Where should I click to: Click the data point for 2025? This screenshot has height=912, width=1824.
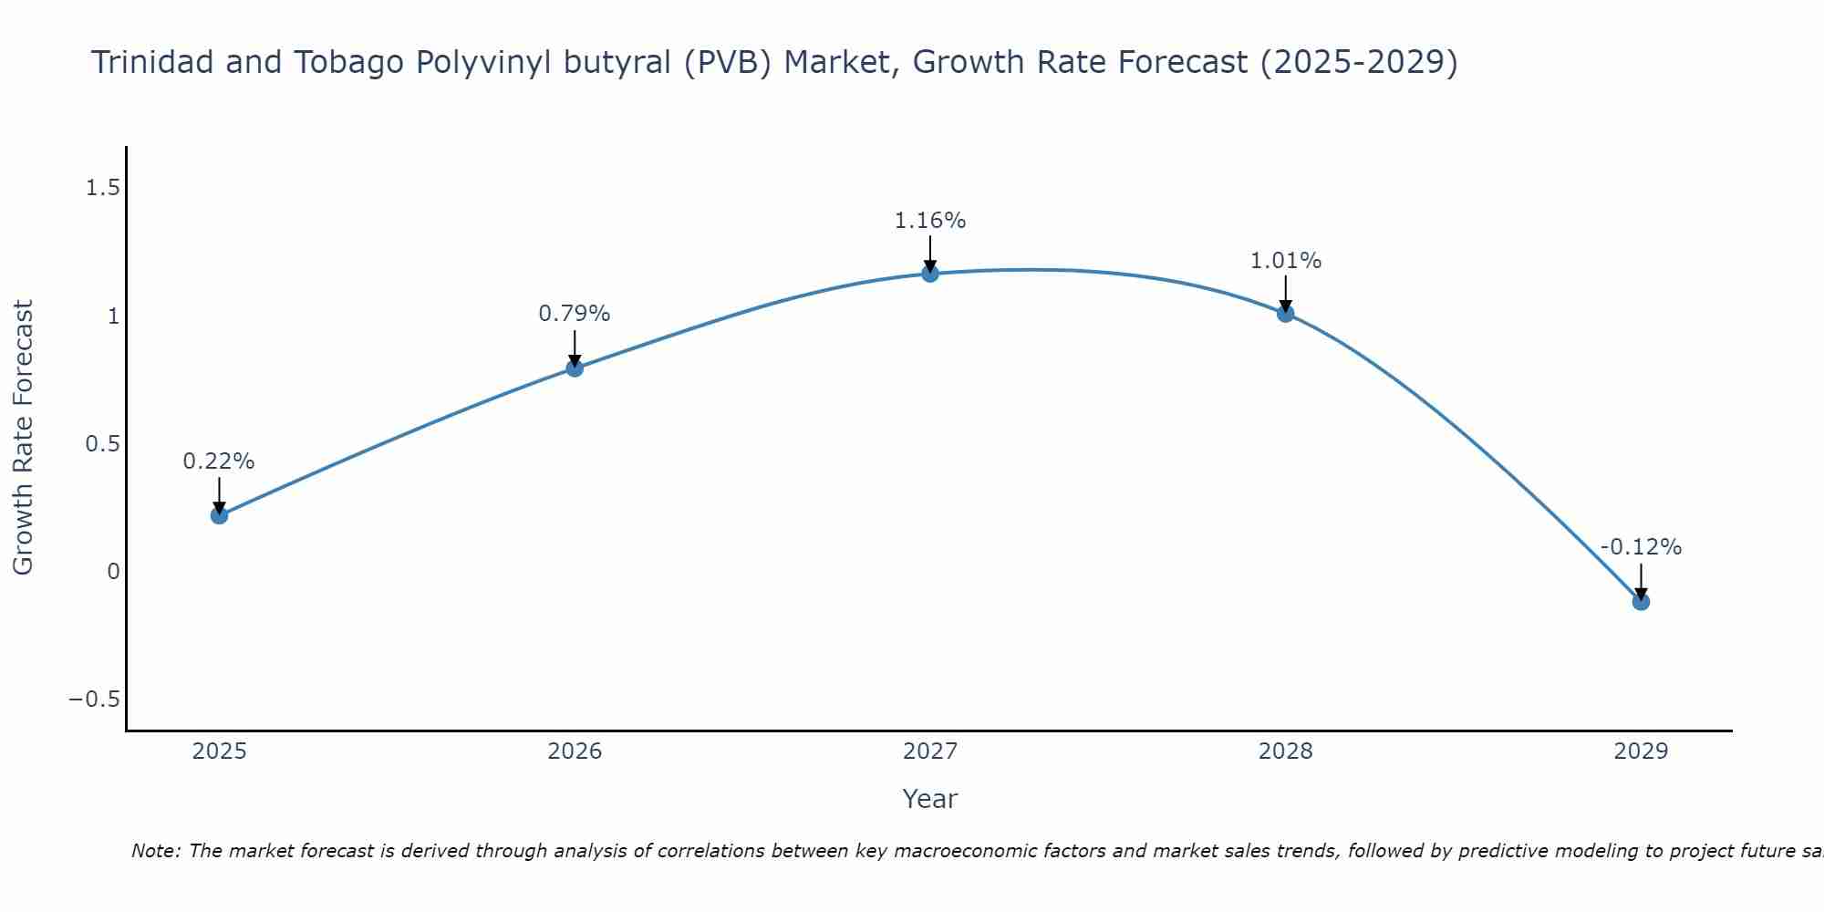(x=219, y=515)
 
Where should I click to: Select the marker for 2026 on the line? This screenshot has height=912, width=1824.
(x=575, y=368)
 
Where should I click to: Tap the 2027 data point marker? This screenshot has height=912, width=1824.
(x=930, y=274)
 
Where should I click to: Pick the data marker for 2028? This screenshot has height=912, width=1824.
(x=1286, y=314)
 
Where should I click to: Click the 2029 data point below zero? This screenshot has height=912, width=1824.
(x=1641, y=602)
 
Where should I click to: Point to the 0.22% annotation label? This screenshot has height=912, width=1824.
(x=219, y=461)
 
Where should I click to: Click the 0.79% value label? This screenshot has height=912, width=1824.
(x=575, y=314)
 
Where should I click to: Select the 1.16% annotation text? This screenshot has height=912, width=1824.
(x=930, y=221)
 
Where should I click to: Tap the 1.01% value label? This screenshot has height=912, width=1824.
(x=1286, y=261)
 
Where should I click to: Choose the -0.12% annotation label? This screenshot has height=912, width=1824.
(x=1641, y=547)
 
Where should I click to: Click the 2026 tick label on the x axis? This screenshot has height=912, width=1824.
(x=575, y=751)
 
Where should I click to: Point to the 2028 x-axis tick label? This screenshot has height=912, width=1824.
(x=1286, y=751)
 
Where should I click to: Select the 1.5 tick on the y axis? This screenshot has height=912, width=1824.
(x=103, y=188)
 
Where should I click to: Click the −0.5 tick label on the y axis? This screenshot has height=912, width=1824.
(x=95, y=700)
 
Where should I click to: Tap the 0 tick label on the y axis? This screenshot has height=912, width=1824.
(x=113, y=572)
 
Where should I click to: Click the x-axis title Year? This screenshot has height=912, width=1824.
(x=930, y=799)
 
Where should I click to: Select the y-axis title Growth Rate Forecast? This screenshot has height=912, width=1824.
(x=23, y=438)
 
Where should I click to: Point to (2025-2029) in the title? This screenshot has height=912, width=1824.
(x=1359, y=62)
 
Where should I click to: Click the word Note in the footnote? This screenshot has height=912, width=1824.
(x=155, y=851)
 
